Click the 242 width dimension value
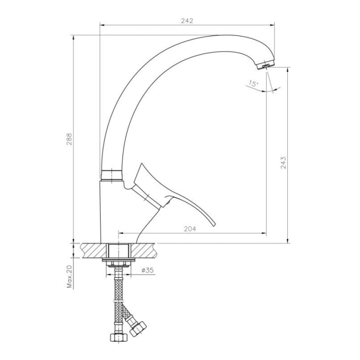187,21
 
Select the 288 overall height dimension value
69,139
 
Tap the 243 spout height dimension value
283,163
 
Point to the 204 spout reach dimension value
190,229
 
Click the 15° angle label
253,84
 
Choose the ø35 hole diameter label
147,270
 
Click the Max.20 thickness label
69,276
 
